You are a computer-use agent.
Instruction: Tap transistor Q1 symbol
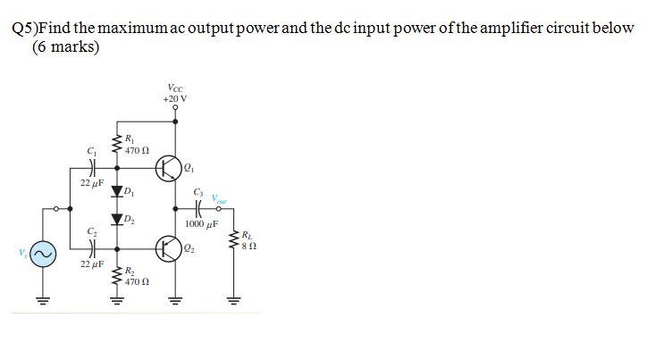pos(169,166)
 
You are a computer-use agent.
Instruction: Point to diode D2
pos(115,219)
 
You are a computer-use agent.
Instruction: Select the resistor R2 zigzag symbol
pos(115,274)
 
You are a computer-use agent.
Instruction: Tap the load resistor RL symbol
pos(236,241)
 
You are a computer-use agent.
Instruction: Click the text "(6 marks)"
pos(65,46)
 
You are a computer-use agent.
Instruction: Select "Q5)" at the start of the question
pos(24,28)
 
